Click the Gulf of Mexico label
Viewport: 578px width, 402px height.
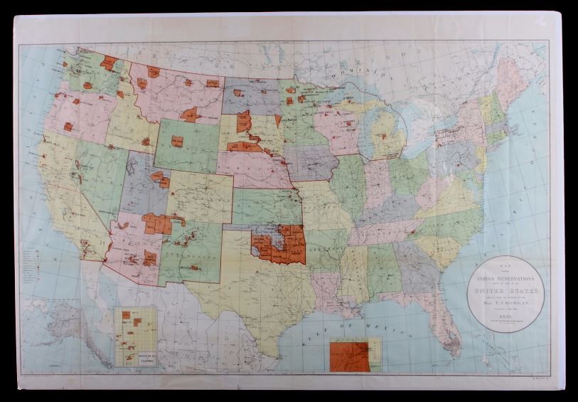tap(377, 329)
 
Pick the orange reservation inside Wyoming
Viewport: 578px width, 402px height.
tap(177, 141)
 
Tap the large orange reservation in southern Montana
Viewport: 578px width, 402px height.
tap(190, 114)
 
